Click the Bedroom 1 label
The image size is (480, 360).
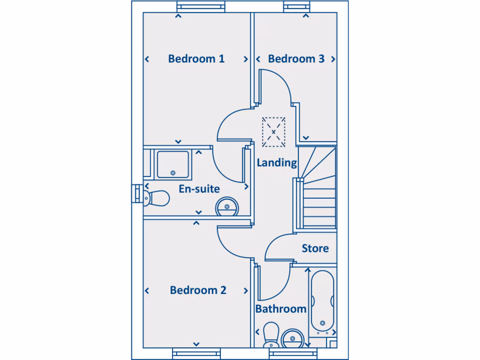point(196,59)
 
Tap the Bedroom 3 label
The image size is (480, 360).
point(296,59)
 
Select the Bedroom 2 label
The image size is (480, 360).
point(198,290)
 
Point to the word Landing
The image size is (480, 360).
point(277,163)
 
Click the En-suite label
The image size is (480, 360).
point(199,189)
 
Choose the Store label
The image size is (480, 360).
point(315,248)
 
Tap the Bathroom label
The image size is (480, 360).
point(281,309)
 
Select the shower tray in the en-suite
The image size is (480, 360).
point(173,164)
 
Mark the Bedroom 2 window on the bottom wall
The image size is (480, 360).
point(196,353)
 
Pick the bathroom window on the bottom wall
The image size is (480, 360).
point(291,353)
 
